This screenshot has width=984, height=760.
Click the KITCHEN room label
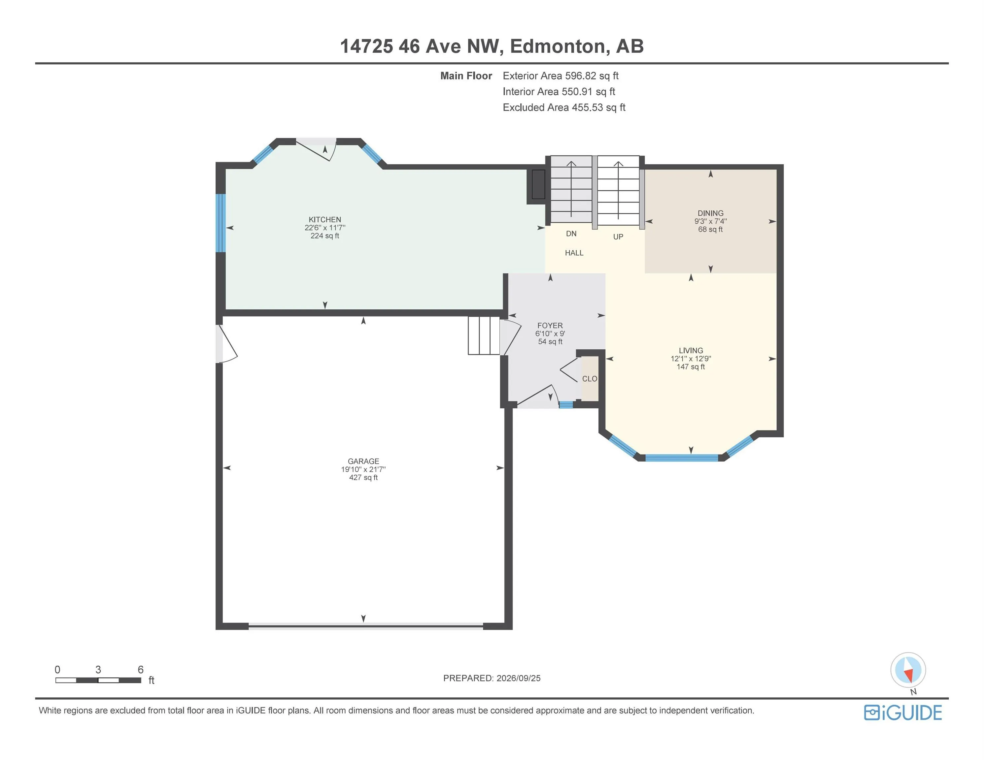(324, 220)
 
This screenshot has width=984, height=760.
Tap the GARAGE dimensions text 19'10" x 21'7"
(363, 469)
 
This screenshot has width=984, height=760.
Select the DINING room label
(710, 213)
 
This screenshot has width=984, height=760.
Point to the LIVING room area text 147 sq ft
(691, 367)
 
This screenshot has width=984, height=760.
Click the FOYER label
(550, 326)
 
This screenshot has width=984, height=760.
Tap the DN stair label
(571, 234)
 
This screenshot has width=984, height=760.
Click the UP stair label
(618, 237)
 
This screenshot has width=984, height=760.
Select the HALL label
(574, 253)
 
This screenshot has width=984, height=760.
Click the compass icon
(908, 670)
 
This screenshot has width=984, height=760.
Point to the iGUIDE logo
(903, 713)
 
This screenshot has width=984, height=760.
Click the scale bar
(98, 680)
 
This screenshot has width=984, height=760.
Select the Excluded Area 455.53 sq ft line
(564, 108)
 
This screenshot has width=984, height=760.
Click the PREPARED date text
(492, 678)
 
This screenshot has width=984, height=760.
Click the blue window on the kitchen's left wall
(220, 223)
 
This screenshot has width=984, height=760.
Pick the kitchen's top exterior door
(316, 148)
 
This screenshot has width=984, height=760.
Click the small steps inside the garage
(484, 335)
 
